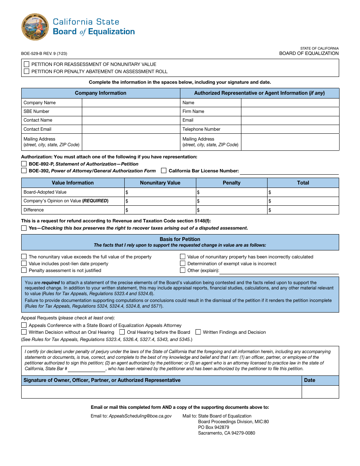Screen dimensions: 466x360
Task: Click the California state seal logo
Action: click(35, 27)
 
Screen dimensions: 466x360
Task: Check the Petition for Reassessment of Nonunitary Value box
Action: click(27, 64)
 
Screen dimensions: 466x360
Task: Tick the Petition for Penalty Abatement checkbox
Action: click(27, 71)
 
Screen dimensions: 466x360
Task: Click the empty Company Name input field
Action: click(131, 103)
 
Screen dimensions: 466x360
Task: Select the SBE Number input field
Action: click(131, 111)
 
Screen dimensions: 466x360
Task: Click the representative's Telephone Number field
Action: click(290, 129)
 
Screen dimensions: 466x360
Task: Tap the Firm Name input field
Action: click(290, 111)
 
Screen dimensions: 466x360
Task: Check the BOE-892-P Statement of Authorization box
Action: click(24, 164)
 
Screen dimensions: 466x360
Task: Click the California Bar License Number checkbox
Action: click(164, 171)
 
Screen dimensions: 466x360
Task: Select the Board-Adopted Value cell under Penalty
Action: click(232, 192)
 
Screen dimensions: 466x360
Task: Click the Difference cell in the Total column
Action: click(303, 210)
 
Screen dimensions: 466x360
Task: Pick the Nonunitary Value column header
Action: click(160, 183)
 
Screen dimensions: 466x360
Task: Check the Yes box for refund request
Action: click(24, 228)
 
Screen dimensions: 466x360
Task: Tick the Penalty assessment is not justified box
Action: click(24, 271)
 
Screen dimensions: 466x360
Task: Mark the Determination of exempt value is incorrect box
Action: click(183, 264)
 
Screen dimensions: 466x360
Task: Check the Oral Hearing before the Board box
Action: click(122, 332)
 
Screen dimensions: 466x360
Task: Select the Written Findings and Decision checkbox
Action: click(198, 332)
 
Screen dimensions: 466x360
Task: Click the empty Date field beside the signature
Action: click(320, 392)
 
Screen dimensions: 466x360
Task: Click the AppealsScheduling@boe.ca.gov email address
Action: click(140, 416)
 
